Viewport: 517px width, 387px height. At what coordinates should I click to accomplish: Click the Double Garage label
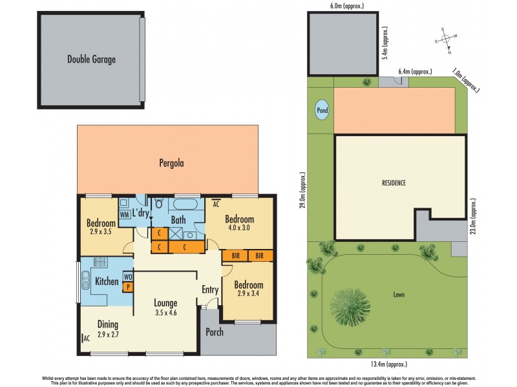(91, 59)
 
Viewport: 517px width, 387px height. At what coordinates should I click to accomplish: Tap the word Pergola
(172, 163)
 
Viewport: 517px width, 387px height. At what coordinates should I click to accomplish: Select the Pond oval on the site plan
(321, 110)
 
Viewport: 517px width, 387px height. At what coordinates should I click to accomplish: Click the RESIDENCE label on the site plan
(394, 183)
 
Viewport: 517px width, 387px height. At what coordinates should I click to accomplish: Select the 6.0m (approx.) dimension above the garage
(343, 6)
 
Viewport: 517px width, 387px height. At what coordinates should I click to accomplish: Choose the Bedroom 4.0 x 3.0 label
(240, 223)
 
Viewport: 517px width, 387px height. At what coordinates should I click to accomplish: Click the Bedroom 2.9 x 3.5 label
(101, 227)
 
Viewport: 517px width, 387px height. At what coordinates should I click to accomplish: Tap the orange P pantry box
(127, 287)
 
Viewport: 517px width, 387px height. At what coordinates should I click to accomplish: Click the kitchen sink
(86, 282)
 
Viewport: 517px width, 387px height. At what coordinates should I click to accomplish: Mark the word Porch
(214, 333)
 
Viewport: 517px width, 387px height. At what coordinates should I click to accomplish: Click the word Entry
(210, 290)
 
